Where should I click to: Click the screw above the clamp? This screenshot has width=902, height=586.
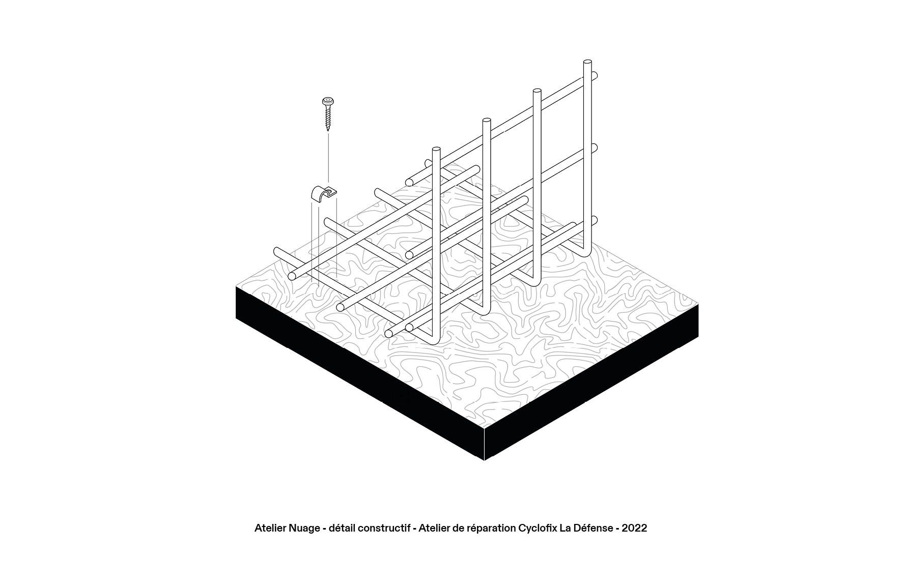click(x=327, y=113)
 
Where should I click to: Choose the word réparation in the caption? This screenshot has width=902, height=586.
click(x=491, y=528)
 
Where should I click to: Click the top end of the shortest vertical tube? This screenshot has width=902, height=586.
click(x=436, y=149)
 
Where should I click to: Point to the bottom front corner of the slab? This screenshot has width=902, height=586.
click(x=484, y=460)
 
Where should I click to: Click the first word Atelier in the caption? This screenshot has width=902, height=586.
click(x=270, y=528)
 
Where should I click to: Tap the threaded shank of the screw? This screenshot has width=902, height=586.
click(x=327, y=119)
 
